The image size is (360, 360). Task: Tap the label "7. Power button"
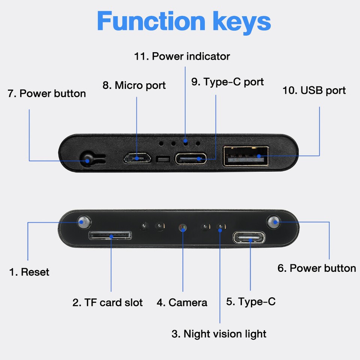tap(47, 93)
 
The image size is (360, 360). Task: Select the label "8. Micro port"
tap(134, 85)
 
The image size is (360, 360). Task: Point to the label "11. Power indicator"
tap(182, 56)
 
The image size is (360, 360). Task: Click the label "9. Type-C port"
tap(228, 82)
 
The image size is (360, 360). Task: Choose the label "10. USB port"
tap(314, 90)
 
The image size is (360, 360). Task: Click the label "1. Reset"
tap(29, 272)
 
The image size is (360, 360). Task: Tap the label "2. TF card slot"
tap(108, 302)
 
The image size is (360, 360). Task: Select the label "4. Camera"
tap(182, 302)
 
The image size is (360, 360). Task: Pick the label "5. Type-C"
tap(251, 301)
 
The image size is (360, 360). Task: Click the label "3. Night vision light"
tap(219, 334)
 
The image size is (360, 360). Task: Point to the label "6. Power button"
tap(317, 268)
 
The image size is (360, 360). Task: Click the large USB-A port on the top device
tap(246, 156)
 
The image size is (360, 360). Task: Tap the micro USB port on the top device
tap(137, 158)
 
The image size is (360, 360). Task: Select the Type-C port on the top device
tap(191, 159)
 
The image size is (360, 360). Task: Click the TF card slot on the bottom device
tap(110, 235)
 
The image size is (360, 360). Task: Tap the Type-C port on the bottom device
tap(249, 237)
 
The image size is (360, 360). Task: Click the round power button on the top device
tap(88, 159)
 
